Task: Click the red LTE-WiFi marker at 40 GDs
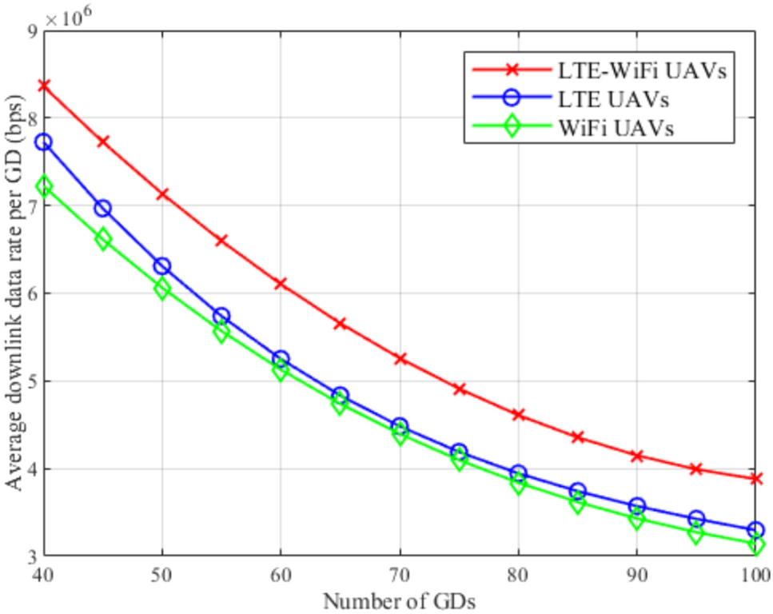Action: click(x=44, y=85)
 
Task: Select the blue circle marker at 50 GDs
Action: click(x=162, y=266)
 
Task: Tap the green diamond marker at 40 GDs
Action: click(x=44, y=186)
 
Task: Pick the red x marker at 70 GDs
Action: click(x=400, y=359)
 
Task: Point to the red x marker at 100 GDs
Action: click(x=755, y=479)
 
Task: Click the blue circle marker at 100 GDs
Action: click(x=755, y=530)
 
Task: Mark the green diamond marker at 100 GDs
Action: click(x=755, y=544)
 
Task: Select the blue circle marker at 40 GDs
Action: click(x=44, y=142)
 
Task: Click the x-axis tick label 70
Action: click(x=400, y=574)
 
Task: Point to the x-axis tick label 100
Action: click(x=754, y=574)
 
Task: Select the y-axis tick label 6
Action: click(x=31, y=293)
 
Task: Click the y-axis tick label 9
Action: click(x=31, y=30)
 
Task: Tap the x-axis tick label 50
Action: click(x=162, y=574)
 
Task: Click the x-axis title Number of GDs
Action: click(x=399, y=598)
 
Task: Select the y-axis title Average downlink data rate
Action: click(x=14, y=292)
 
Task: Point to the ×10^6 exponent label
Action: click(x=71, y=16)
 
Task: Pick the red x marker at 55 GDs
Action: click(x=221, y=240)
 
